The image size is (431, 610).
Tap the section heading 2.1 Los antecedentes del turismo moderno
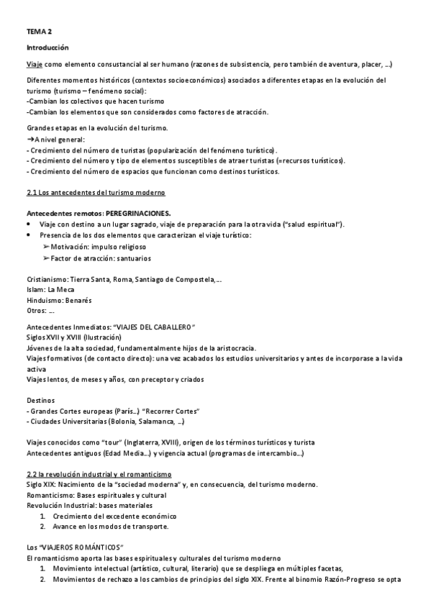[x=95, y=194]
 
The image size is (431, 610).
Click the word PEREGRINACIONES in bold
[x=137, y=214]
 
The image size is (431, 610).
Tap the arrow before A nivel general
[x=30, y=140]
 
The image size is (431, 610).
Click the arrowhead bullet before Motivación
[x=47, y=246]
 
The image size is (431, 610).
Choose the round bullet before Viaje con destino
[x=29, y=224]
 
